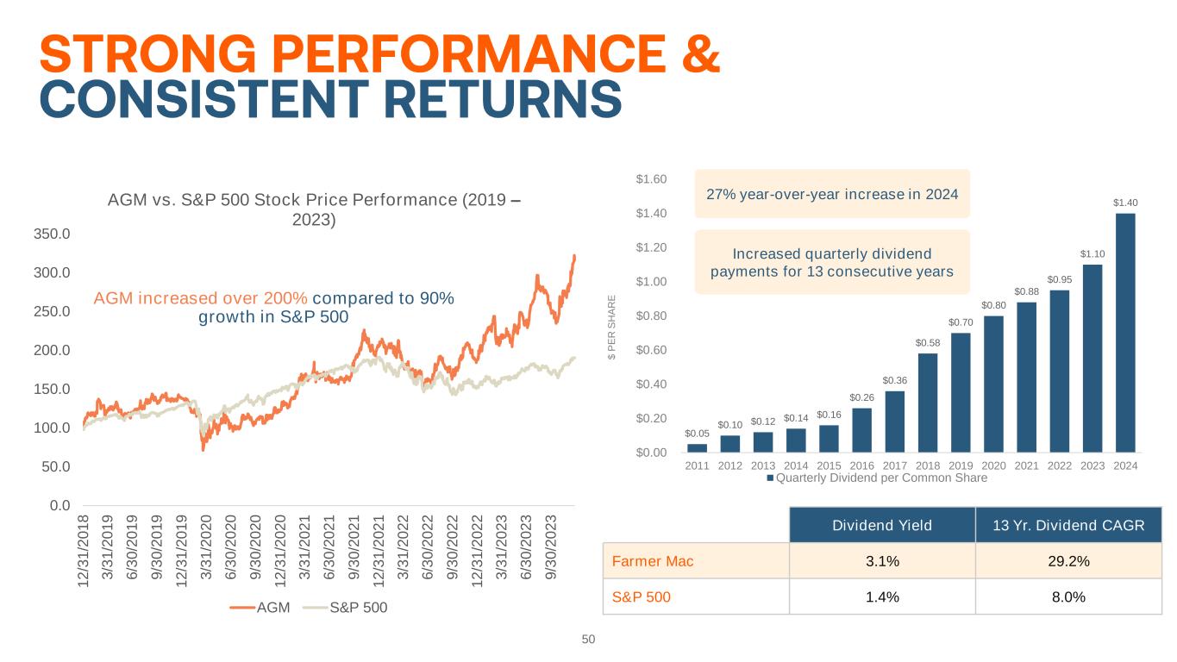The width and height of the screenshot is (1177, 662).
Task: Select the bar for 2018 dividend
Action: (928, 403)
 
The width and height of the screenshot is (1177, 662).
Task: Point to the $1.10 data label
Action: (1092, 253)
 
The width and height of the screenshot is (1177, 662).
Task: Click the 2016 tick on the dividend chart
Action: (861, 465)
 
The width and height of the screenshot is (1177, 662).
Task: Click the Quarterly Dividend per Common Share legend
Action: (877, 478)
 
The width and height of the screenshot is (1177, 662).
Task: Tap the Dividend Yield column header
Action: (881, 525)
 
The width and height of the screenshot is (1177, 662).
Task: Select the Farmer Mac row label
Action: (653, 561)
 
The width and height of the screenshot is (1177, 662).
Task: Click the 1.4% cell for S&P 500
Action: (881, 596)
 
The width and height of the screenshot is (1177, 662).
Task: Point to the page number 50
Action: (589, 640)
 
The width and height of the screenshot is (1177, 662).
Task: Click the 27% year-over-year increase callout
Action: (832, 194)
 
